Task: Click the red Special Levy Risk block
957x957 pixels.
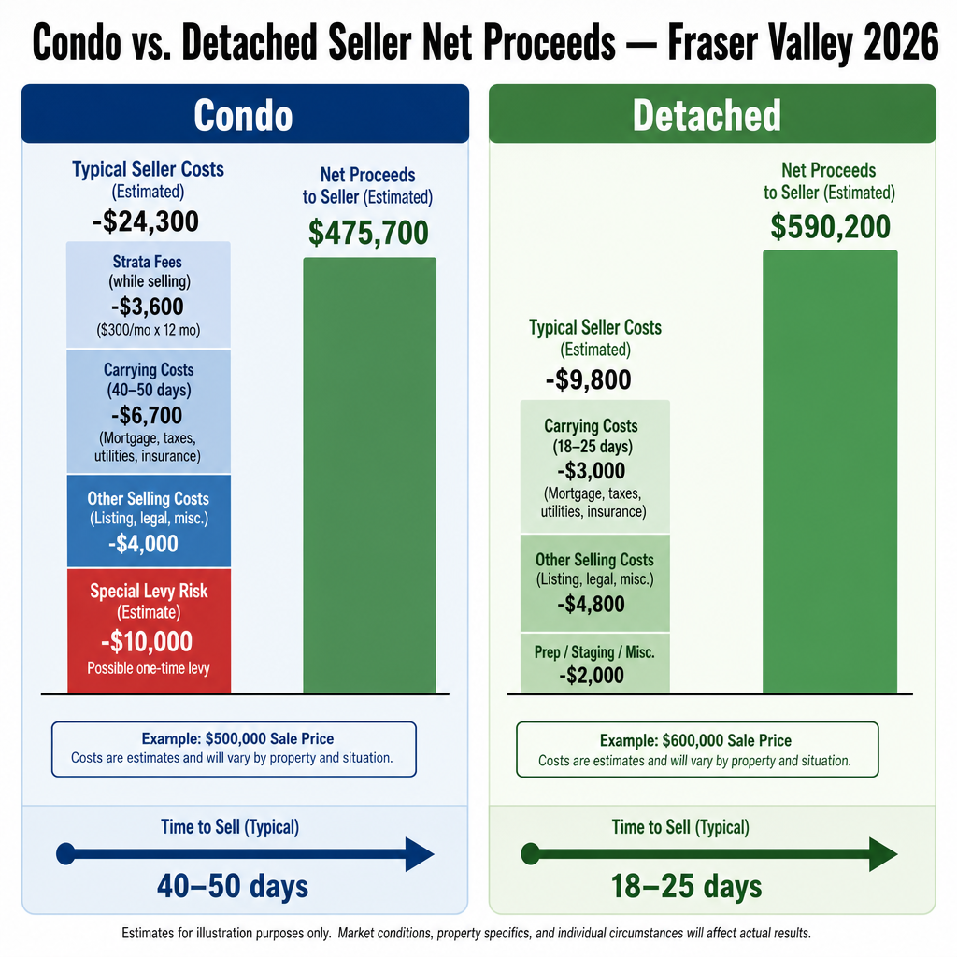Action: [x=149, y=631]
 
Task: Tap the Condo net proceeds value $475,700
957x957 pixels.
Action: [x=368, y=233]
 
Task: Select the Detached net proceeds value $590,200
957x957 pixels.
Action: [x=830, y=226]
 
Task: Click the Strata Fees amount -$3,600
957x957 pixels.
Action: [x=147, y=307]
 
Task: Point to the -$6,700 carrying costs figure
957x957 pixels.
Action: [x=147, y=415]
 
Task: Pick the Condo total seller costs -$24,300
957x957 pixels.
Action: [x=146, y=221]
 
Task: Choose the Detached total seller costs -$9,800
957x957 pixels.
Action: [x=589, y=379]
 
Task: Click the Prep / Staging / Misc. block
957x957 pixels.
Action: [x=595, y=663]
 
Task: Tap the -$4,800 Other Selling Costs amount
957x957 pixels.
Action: [x=591, y=604]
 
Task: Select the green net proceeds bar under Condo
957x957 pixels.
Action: [x=370, y=475]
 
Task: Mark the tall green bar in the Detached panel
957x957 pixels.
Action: [x=830, y=471]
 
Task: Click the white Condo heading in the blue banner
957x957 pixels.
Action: [x=244, y=115]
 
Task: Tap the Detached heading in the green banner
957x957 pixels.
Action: [x=707, y=115]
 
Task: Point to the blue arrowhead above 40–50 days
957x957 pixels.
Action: [x=420, y=854]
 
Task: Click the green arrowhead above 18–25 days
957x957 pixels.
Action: [x=883, y=854]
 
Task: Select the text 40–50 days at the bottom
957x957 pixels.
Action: [x=233, y=886]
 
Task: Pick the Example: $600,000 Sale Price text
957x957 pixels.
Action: [x=695, y=740]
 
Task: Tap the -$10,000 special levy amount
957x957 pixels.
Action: [x=147, y=641]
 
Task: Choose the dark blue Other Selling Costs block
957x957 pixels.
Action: [x=149, y=521]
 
